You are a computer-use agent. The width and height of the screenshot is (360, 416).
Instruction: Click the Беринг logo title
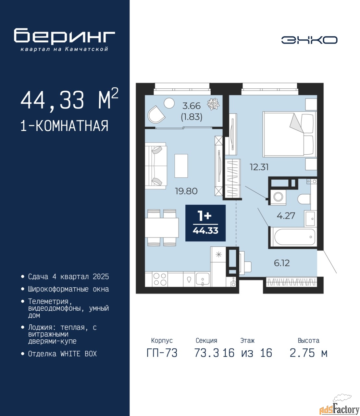pyautogui.click(x=64, y=36)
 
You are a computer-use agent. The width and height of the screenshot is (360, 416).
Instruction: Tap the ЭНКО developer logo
pyautogui.click(x=309, y=40)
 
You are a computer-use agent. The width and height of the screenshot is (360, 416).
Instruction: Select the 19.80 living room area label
pyautogui.click(x=186, y=191)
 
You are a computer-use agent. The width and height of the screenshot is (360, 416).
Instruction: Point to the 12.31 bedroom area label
pyautogui.click(x=259, y=167)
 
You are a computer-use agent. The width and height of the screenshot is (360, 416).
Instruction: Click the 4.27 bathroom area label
pyautogui.click(x=286, y=216)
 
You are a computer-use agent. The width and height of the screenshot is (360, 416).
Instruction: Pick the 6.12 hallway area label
pyautogui.click(x=282, y=263)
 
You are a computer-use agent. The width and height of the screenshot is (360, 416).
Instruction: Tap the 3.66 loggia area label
pyautogui.click(x=192, y=106)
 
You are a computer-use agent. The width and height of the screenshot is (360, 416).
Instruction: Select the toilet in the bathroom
pyautogui.click(x=304, y=199)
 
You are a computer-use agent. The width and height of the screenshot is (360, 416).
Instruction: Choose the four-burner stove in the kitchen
pyautogui.click(x=160, y=279)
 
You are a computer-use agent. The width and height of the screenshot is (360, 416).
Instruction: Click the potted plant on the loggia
pyautogui.click(x=213, y=104)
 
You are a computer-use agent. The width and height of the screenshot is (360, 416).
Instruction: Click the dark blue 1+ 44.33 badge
pyautogui.click(x=205, y=223)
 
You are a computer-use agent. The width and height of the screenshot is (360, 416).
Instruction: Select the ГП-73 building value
pyautogui.click(x=162, y=353)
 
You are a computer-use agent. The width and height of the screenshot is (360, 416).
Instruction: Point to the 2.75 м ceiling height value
pyautogui.click(x=308, y=353)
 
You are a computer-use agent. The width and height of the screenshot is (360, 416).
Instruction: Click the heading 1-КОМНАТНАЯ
pyautogui.click(x=64, y=126)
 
